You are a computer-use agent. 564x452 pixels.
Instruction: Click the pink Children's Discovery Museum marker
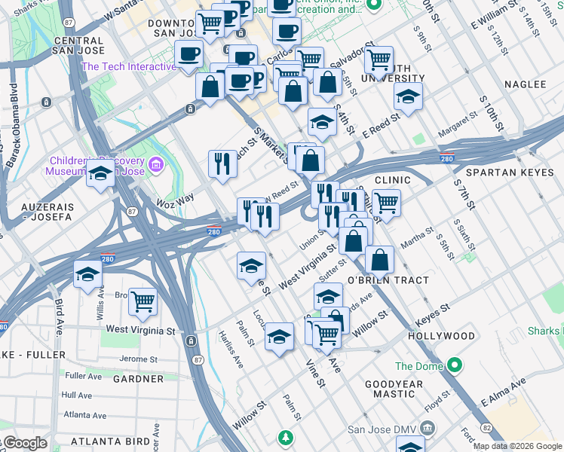pyautogui.click(x=156, y=163)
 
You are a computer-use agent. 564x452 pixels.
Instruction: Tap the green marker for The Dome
pyautogui.click(x=454, y=367)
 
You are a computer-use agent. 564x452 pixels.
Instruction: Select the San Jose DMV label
pyautogui.click(x=379, y=429)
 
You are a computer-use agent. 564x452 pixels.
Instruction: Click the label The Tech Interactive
pyautogui.click(x=128, y=66)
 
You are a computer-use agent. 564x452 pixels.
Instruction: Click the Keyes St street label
pyautogui.click(x=432, y=309)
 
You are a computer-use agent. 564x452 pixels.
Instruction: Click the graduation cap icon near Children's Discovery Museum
pyautogui.click(x=100, y=174)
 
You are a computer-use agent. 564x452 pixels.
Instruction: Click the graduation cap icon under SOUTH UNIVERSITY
pyautogui.click(x=408, y=97)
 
